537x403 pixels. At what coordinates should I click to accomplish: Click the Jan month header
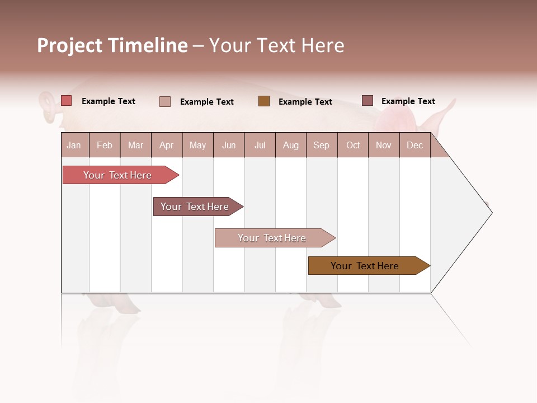(x=74, y=145)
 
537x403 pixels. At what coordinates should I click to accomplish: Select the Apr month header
(x=167, y=145)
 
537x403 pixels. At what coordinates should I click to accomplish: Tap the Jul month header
(x=260, y=145)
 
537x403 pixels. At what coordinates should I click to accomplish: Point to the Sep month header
(x=321, y=145)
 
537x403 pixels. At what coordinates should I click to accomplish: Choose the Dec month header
(x=414, y=145)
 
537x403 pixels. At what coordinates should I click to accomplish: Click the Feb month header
(x=105, y=145)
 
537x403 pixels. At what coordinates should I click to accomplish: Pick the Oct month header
(x=353, y=145)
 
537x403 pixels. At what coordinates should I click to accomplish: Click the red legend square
(x=67, y=101)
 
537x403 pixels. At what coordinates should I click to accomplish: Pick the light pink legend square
(x=165, y=101)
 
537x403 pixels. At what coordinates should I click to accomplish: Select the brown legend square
(x=264, y=101)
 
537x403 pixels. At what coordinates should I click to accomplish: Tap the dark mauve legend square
(x=368, y=101)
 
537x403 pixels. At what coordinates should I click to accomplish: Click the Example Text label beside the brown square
(x=305, y=102)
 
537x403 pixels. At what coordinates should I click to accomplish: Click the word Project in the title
(x=69, y=46)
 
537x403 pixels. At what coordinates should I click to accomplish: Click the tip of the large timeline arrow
(x=491, y=212)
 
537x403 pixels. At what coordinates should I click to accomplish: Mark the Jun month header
(x=229, y=145)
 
